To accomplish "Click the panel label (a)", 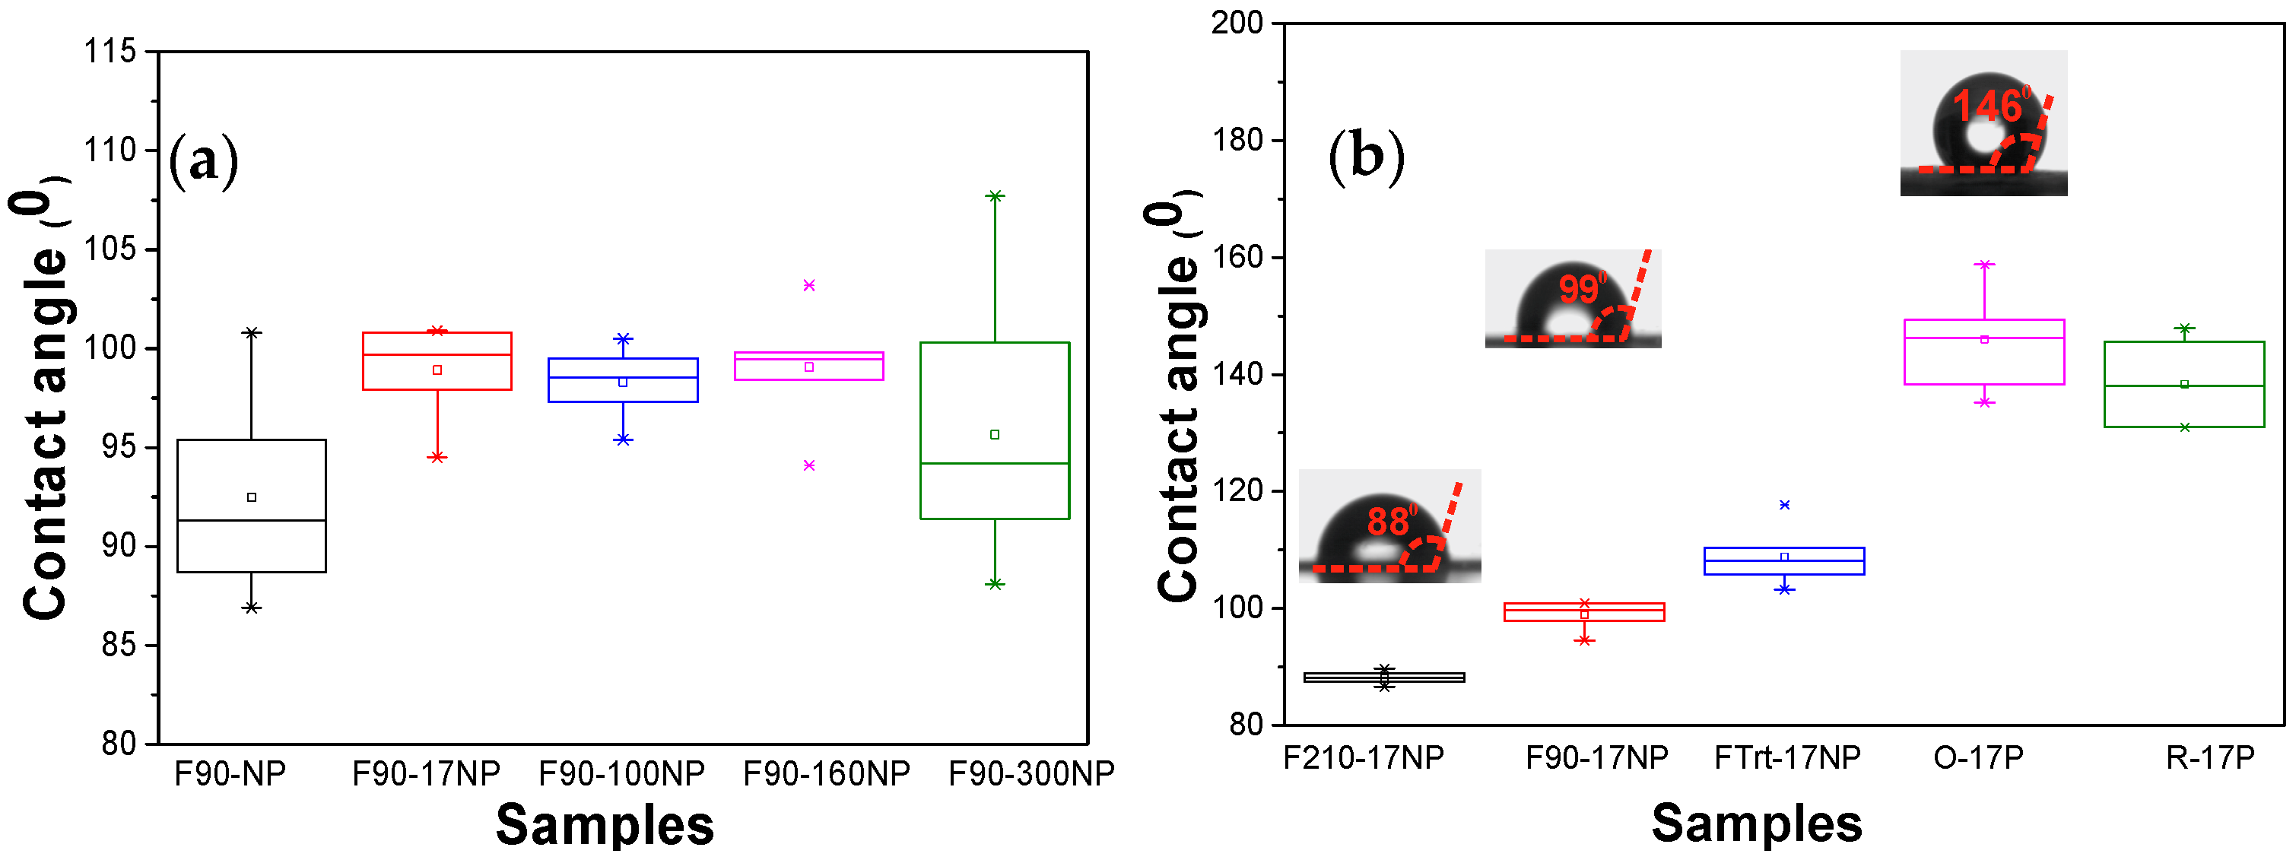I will (x=203, y=160).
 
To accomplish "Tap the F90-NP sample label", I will (x=230, y=773).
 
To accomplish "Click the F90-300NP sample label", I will (x=1031, y=773).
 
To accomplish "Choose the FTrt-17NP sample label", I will (x=1787, y=757).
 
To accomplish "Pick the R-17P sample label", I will (x=2210, y=757).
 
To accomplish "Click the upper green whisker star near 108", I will (x=995, y=196).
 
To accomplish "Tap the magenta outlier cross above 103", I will (x=809, y=285).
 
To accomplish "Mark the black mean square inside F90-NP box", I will (x=251, y=497).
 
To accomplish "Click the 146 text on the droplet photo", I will (x=1990, y=107).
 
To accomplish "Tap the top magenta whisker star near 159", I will (x=1984, y=265).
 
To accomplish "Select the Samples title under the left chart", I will (x=605, y=824).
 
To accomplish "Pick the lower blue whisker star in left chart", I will (x=623, y=440).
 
